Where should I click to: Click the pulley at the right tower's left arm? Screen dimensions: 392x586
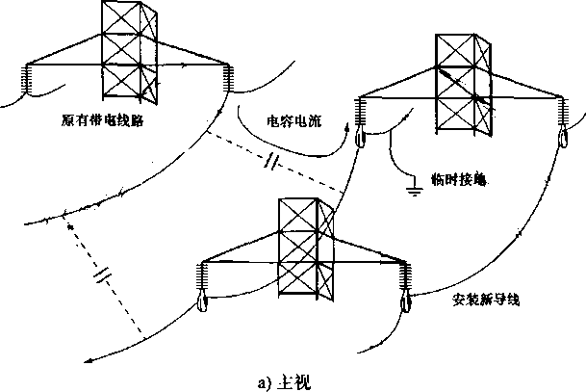[360, 138]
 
